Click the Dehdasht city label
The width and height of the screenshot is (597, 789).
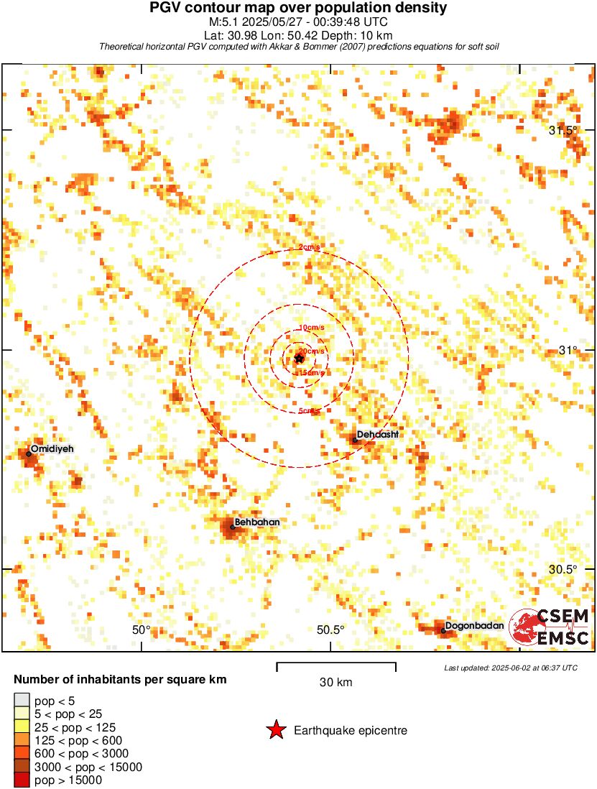[x=378, y=435]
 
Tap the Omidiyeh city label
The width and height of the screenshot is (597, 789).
[x=52, y=448]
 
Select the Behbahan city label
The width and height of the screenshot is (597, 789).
[x=256, y=522]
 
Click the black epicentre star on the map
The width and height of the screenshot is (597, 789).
[x=300, y=358]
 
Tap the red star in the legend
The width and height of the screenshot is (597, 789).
[x=276, y=731]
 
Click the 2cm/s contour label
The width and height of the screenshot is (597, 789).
[x=310, y=248]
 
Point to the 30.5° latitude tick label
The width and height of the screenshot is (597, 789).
[x=563, y=569]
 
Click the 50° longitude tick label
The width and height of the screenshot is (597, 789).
[x=142, y=630]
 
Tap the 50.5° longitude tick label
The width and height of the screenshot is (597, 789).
[x=330, y=630]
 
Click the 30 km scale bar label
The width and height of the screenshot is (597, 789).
[x=335, y=683]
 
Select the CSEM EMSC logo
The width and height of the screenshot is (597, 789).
[x=550, y=627]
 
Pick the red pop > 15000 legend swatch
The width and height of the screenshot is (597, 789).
[x=22, y=780]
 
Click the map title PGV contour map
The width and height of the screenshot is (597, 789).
[x=298, y=9]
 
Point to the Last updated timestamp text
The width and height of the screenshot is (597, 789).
[x=511, y=668]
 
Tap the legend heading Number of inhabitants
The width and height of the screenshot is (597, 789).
[x=121, y=680]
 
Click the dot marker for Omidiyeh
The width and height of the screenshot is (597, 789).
[x=29, y=454]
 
